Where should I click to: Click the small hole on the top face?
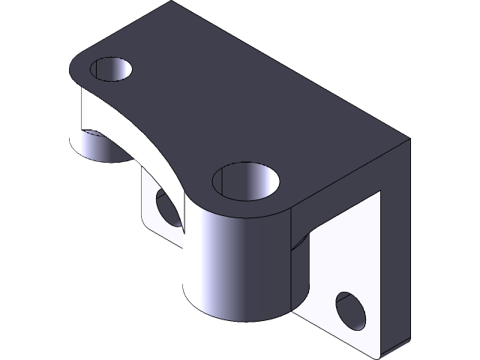coord(111,70)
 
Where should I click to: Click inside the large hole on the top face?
coord(246,184)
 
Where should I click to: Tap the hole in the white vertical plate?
coord(351,310)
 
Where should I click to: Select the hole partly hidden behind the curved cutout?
coord(166,208)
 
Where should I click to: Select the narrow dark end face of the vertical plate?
coord(397,247)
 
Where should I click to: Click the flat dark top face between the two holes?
coord(195,105)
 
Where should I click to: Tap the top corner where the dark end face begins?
coord(409,139)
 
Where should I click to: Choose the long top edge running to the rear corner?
coord(292,71)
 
